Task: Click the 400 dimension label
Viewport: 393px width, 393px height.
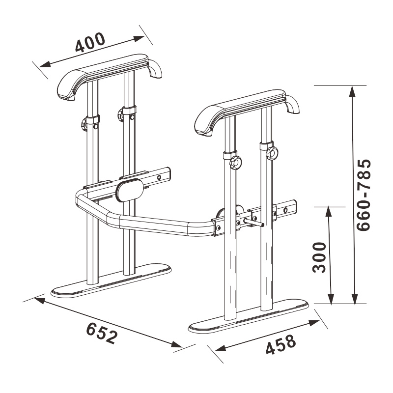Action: [x=90, y=42]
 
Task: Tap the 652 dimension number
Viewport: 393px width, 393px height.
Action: [x=102, y=333]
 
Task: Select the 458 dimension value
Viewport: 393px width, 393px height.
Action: [x=281, y=345]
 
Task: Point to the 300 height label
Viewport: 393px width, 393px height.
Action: [x=319, y=257]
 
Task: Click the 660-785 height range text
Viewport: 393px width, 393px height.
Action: [x=363, y=195]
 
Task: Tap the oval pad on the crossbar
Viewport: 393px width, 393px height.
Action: [x=130, y=190]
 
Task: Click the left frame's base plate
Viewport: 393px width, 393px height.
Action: [x=112, y=281]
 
